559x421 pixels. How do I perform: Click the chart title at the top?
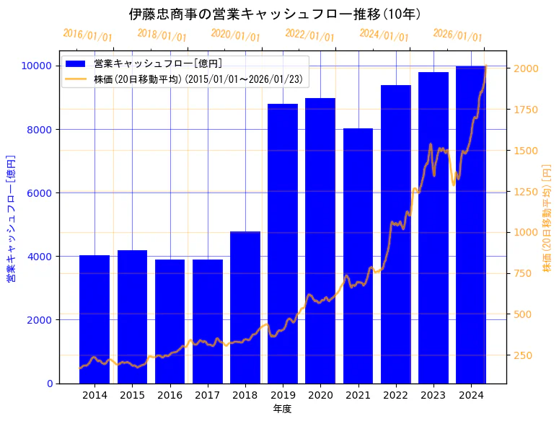click(x=275, y=14)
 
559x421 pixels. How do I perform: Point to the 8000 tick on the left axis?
click(x=42, y=130)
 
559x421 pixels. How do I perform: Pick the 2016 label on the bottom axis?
click(x=170, y=395)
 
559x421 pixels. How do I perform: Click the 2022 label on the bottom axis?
click(x=395, y=395)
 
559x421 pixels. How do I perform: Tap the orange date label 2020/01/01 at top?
click(x=236, y=35)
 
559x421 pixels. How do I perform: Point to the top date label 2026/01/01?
click(x=458, y=35)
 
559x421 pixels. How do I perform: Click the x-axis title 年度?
click(x=282, y=409)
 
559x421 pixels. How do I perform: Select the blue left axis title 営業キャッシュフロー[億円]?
click(x=12, y=218)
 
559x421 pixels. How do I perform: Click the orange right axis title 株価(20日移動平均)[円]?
click(x=547, y=218)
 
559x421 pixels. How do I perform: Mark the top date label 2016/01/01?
click(x=87, y=35)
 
